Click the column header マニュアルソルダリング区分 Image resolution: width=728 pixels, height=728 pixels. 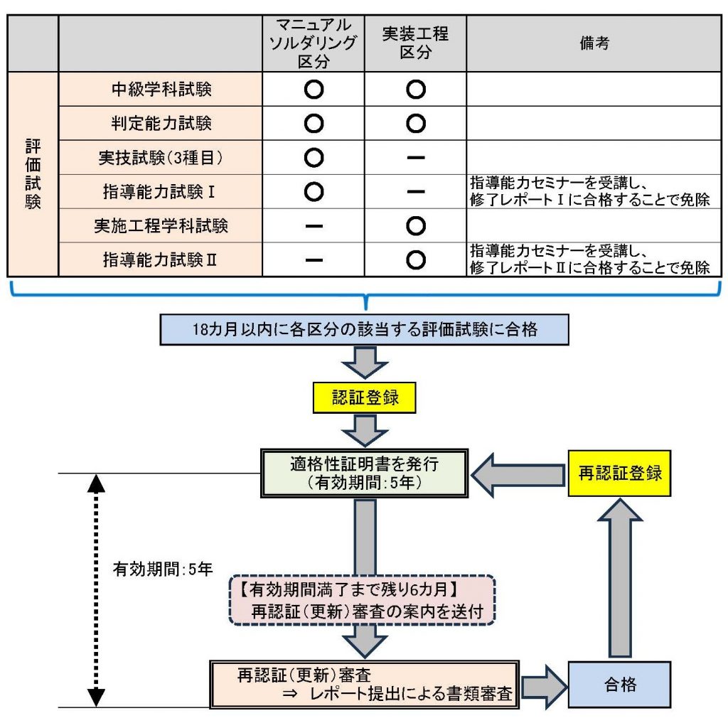point(313,43)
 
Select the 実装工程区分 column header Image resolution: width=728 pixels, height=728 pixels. point(415,43)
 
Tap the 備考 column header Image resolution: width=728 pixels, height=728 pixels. point(594,43)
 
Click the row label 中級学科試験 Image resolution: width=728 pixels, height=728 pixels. point(161,89)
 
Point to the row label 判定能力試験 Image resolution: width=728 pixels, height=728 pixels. point(161,123)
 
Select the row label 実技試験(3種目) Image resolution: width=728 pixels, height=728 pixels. point(161,157)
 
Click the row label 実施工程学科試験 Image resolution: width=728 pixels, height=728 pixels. point(161,226)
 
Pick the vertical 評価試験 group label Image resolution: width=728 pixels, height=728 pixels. point(33,174)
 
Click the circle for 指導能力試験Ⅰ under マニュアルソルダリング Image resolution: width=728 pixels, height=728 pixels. point(313,192)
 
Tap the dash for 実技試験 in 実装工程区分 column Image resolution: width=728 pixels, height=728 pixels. point(415,158)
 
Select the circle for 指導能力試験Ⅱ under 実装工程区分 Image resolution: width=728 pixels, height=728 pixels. point(415,260)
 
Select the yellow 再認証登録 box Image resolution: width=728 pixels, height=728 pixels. point(619,473)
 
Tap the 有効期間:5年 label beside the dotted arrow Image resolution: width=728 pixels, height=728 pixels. point(163,569)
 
